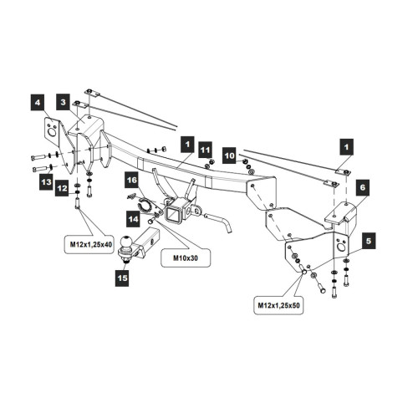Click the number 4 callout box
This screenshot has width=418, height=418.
[38, 103]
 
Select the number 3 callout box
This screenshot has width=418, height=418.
[64, 102]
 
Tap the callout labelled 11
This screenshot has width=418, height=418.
[206, 150]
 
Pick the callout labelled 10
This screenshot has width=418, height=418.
[229, 155]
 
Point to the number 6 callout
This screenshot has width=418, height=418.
[363, 187]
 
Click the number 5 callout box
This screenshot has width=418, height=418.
[369, 241]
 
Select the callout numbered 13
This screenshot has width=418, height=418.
[46, 182]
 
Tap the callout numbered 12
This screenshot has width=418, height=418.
[62, 188]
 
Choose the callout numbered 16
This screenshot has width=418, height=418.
[131, 180]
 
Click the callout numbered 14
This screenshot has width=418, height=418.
[133, 219]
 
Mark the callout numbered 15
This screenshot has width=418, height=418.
[122, 278]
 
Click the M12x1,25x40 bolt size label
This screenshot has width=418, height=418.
[89, 245]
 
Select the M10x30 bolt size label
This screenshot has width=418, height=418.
[186, 257]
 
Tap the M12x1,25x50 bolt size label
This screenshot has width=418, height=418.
[278, 305]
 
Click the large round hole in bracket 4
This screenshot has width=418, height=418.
[52, 132]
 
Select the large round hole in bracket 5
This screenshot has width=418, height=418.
[341, 247]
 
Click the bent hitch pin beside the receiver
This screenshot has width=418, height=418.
[219, 221]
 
